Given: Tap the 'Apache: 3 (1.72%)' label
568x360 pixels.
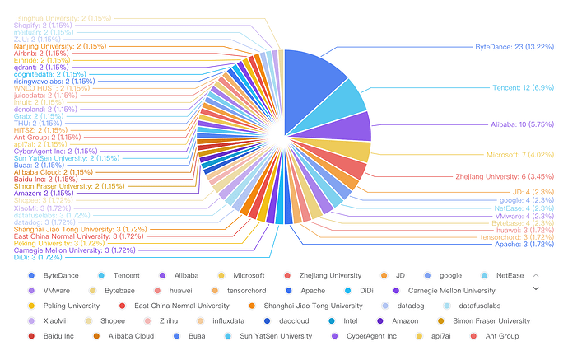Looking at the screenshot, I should click(x=529, y=245).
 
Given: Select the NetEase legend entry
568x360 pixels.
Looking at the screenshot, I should click(x=505, y=275).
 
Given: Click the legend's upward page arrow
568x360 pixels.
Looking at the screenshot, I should click(x=537, y=274).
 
